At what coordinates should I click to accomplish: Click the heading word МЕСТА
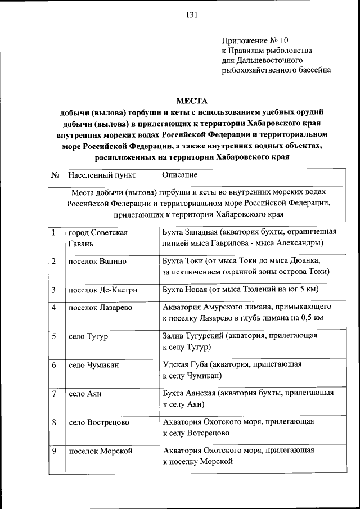(192, 101)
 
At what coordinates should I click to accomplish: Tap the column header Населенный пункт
(102, 175)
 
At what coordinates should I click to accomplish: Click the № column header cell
(55, 175)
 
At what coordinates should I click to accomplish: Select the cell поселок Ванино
(97, 261)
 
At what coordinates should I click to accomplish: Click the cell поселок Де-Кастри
(102, 290)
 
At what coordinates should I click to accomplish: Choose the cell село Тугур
(88, 336)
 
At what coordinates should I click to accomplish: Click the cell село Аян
(85, 394)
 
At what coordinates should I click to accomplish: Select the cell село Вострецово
(99, 422)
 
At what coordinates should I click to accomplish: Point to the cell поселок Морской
(100, 451)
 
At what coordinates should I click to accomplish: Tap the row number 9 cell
(54, 451)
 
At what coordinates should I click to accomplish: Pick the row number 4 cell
(54, 308)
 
